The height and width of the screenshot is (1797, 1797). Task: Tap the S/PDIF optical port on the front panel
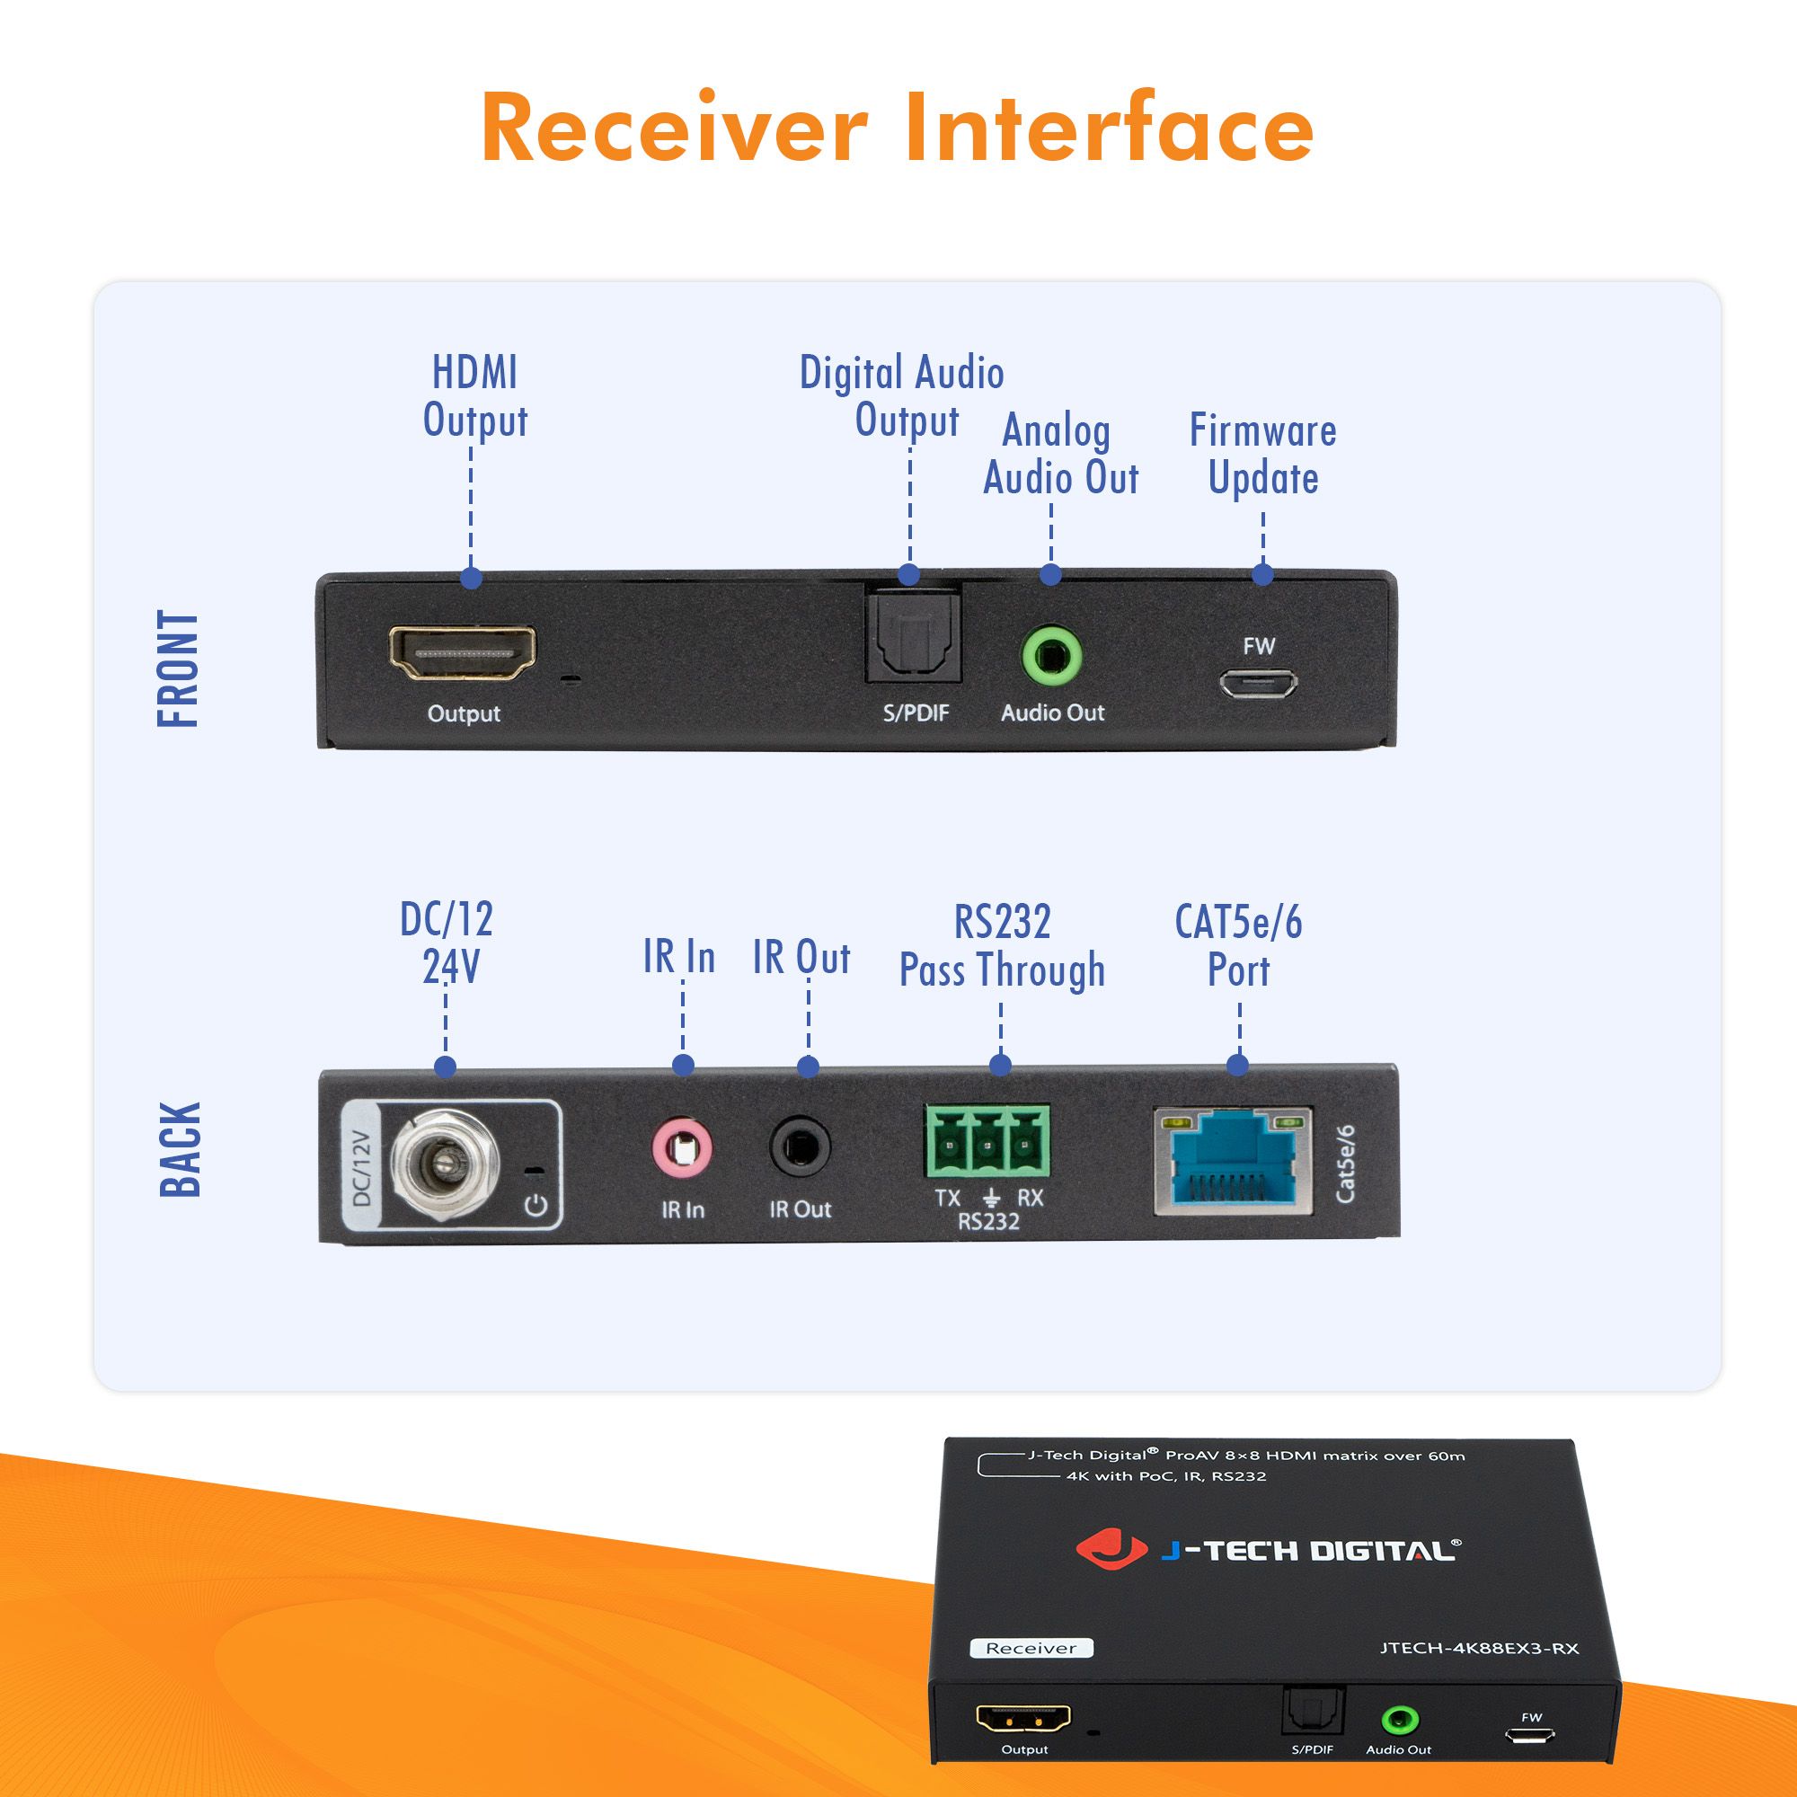pos(913,639)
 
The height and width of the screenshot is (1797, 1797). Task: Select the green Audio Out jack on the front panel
pos(1051,657)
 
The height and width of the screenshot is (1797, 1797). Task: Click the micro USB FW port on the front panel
pos(1258,685)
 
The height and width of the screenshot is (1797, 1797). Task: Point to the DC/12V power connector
pos(444,1164)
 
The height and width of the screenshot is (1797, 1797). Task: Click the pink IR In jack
pos(682,1151)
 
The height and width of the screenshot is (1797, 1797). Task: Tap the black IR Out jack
pos(800,1148)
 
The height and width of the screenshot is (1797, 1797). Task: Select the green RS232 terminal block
pos(987,1141)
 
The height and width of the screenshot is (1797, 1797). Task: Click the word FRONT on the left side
pos(179,668)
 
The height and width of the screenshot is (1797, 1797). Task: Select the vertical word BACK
pos(181,1150)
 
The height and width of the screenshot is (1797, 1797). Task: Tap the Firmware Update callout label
pos(1262,455)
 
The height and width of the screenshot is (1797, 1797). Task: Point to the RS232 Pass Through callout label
pos(1002,946)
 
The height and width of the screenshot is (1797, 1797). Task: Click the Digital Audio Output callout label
pos(902,396)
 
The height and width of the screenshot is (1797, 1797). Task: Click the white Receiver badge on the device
pos(1031,1648)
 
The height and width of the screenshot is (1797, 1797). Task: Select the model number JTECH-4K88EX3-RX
pos(1479,1648)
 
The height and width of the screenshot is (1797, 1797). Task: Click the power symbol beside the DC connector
pos(536,1207)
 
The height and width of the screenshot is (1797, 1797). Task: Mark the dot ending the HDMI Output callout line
pos(472,579)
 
